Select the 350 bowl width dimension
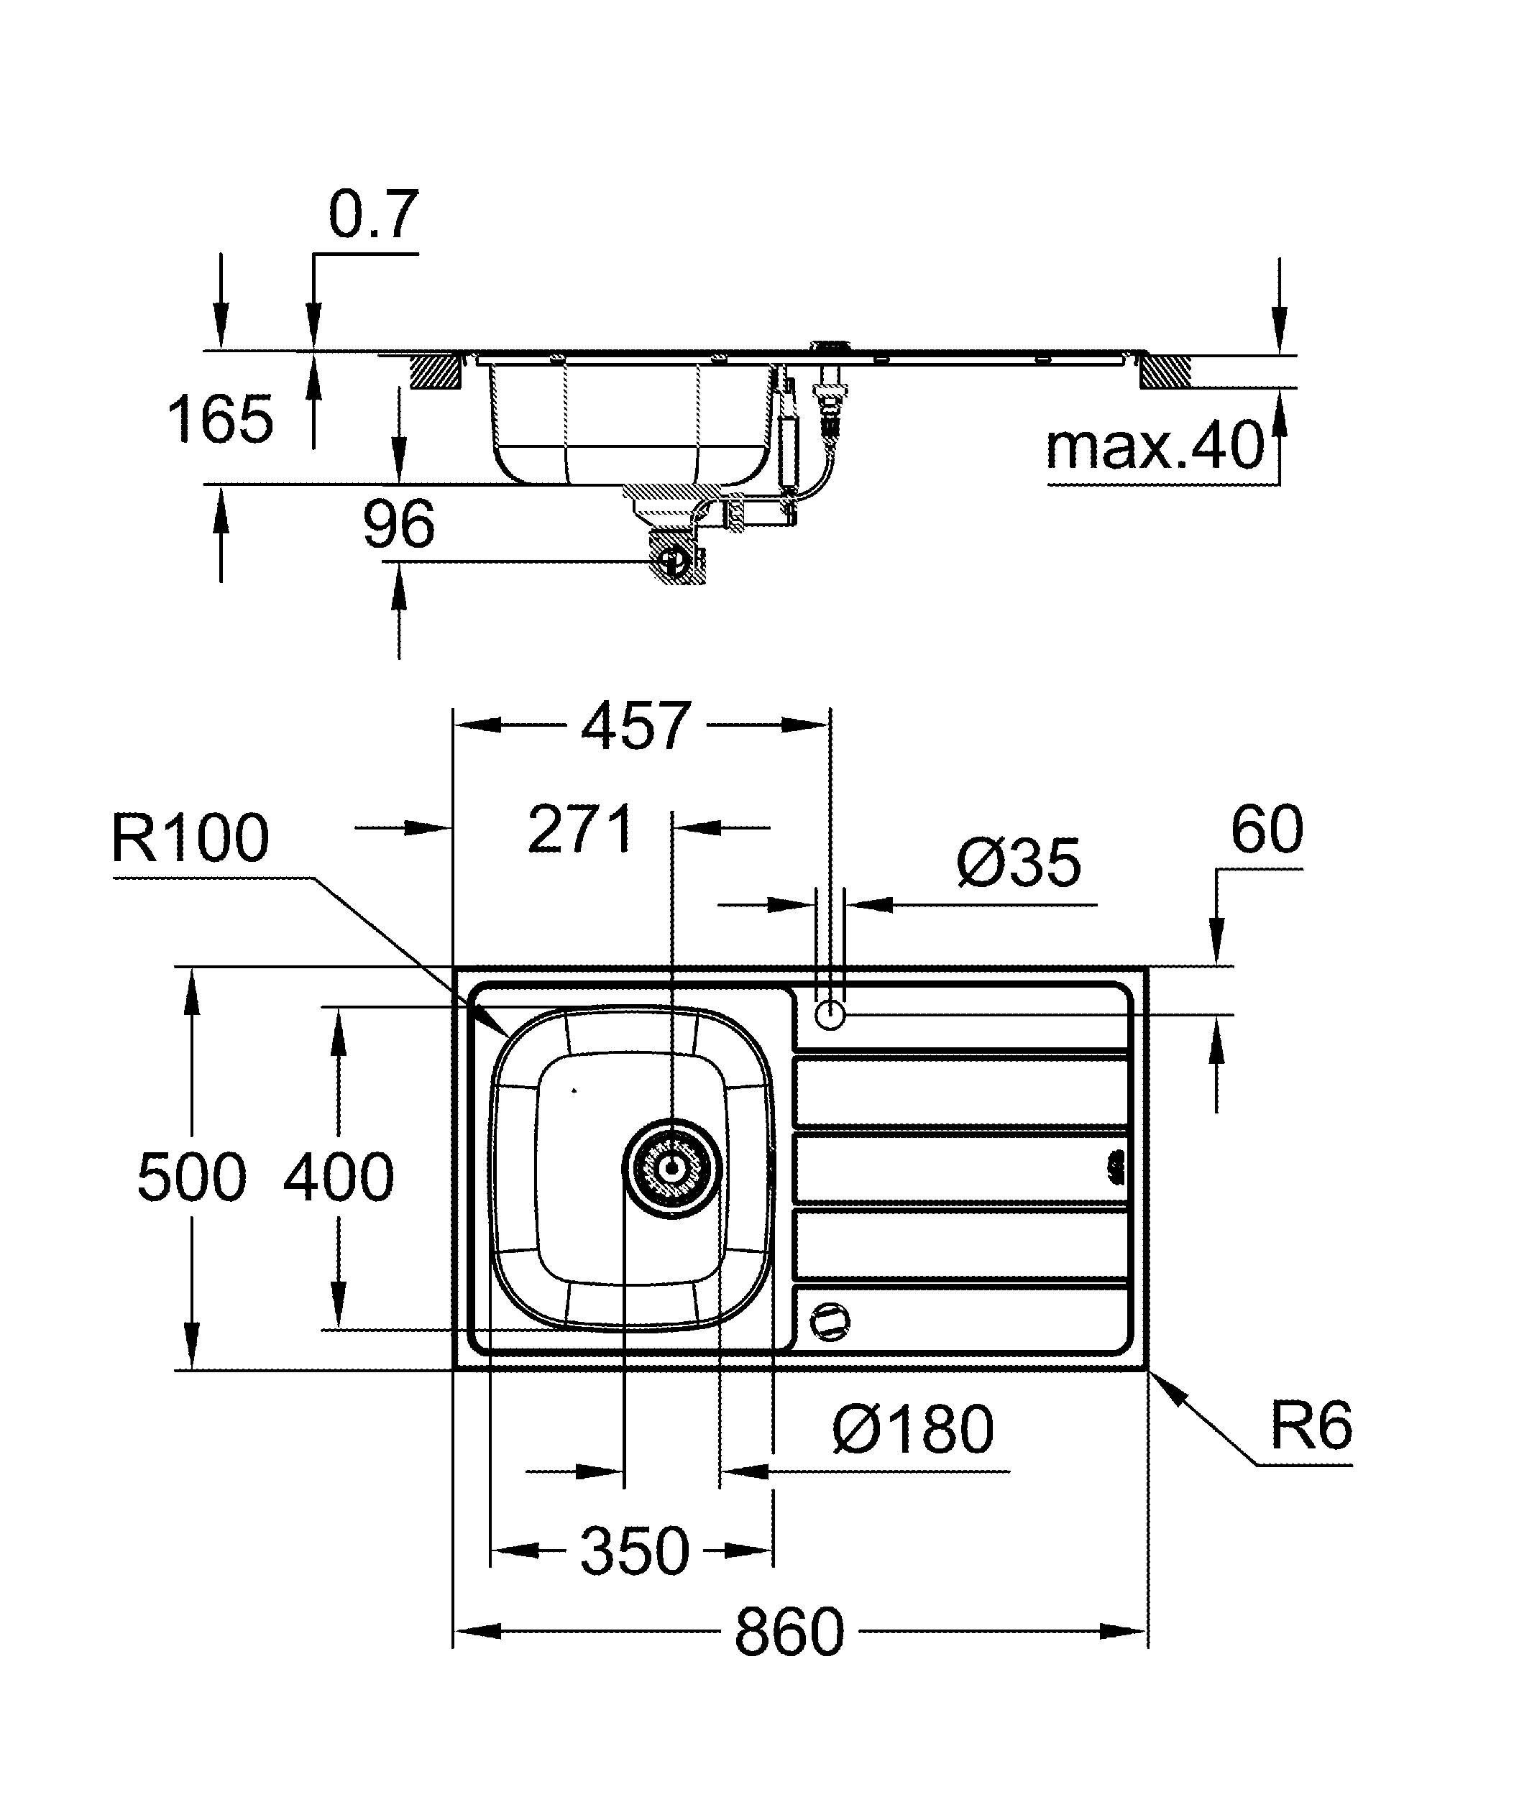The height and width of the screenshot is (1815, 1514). click(634, 1551)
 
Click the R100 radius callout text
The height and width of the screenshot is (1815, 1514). click(190, 838)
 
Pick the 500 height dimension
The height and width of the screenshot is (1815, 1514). click(192, 1177)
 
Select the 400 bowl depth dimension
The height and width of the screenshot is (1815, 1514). click(339, 1177)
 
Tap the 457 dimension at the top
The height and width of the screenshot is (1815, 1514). click(636, 726)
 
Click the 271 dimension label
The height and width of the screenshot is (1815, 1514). click(581, 830)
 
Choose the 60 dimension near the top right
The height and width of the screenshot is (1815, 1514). click(1266, 830)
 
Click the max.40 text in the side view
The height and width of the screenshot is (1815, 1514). click(1155, 448)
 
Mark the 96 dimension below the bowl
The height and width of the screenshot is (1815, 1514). click(398, 525)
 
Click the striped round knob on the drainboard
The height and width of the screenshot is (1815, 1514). click(830, 1320)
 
